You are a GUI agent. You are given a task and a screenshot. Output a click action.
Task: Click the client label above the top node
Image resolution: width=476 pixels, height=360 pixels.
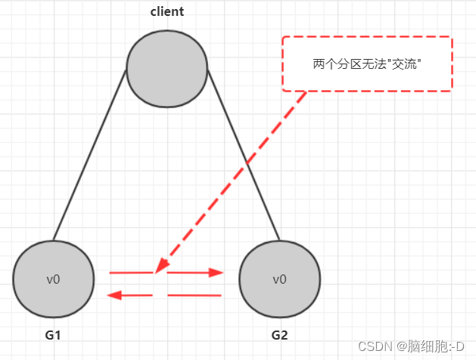pyautogui.click(x=166, y=12)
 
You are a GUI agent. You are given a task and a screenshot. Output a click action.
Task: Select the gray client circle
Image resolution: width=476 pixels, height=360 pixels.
pyautogui.click(x=166, y=68)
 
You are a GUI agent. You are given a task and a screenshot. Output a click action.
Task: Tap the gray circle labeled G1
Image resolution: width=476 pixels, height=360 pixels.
pyautogui.click(x=53, y=278)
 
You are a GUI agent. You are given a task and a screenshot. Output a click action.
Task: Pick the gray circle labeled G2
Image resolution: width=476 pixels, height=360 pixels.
pyautogui.click(x=279, y=278)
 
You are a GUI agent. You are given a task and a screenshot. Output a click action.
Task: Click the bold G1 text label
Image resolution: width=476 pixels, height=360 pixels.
pyautogui.click(x=53, y=334)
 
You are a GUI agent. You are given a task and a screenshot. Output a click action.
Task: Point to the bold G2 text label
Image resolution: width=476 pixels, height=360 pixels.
pyautogui.click(x=279, y=334)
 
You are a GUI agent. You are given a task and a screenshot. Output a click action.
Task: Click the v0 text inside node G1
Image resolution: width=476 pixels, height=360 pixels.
pyautogui.click(x=53, y=279)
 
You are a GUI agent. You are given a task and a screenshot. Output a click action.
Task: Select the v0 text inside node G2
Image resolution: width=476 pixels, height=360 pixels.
pyautogui.click(x=279, y=279)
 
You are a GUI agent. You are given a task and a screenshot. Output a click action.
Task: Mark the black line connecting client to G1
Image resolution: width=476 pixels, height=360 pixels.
pyautogui.click(x=89, y=155)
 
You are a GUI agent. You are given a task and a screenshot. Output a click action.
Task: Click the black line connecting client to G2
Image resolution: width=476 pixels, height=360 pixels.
pyautogui.click(x=244, y=155)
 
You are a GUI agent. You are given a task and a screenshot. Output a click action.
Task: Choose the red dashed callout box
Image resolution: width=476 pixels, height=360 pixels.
pyautogui.click(x=366, y=64)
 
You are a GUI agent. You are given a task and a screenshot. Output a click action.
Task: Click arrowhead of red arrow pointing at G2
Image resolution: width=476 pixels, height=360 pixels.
pyautogui.click(x=217, y=272)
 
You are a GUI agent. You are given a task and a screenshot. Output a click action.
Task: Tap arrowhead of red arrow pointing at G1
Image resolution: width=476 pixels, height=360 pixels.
pyautogui.click(x=114, y=295)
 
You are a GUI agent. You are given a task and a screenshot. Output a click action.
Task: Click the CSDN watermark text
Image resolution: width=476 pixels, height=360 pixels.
pyautogui.click(x=373, y=346)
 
